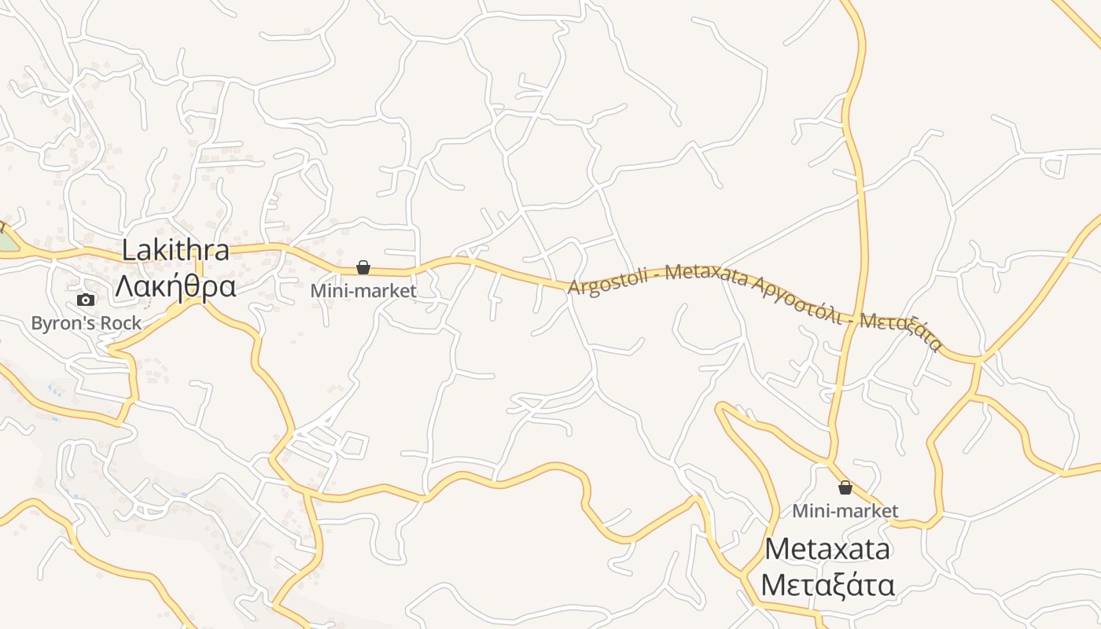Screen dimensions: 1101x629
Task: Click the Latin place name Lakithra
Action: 175,251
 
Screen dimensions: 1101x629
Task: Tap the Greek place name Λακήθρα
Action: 175,288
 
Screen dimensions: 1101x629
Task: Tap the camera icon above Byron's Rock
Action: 86,300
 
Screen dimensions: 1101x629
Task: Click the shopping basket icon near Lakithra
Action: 363,267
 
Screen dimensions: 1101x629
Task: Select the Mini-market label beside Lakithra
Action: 363,291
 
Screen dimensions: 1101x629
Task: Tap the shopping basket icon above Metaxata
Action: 845,487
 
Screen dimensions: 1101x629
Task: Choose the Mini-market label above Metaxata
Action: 845,511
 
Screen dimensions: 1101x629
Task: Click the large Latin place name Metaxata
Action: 827,548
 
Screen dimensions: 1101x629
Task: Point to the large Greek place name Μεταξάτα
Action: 827,586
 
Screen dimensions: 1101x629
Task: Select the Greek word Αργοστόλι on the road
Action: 797,301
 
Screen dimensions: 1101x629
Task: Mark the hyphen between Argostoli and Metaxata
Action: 660,275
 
